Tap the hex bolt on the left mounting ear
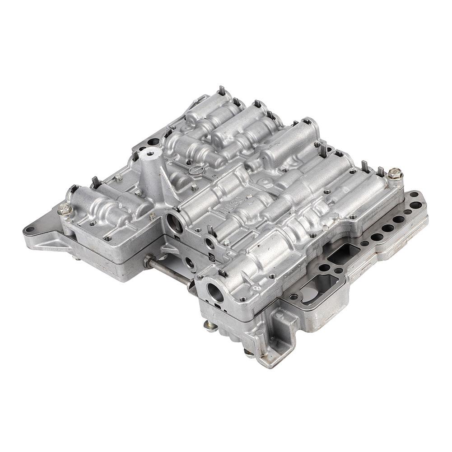(63, 209)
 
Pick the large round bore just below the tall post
(174, 222)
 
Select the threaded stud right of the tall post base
(194, 186)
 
